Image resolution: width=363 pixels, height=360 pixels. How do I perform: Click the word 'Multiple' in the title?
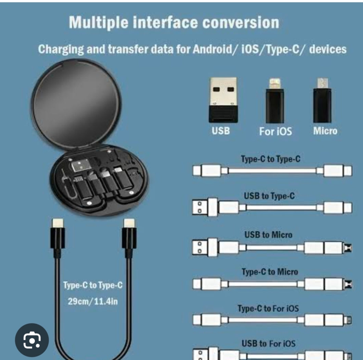click(98, 23)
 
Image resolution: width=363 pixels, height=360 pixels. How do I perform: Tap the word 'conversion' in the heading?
click(241, 23)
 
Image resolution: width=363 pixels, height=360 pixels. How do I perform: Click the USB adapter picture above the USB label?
click(223, 100)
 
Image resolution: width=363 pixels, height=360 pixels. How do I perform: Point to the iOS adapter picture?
click(275, 101)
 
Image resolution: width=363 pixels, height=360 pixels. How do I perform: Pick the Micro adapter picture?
click(322, 100)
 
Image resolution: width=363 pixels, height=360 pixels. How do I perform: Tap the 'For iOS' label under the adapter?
click(275, 131)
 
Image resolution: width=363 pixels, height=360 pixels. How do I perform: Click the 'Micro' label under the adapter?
click(325, 131)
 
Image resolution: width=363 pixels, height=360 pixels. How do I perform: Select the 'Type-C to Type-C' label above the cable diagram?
click(271, 159)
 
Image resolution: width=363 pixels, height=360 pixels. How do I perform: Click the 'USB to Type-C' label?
click(269, 196)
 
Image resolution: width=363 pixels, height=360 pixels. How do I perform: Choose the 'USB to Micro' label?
click(268, 235)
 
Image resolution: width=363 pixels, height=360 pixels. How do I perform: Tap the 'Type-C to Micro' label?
click(270, 272)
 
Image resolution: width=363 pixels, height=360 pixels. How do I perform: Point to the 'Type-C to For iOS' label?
click(268, 308)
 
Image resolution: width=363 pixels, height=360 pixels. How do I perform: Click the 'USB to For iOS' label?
click(268, 344)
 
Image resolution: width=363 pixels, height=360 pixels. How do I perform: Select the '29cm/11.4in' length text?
click(93, 301)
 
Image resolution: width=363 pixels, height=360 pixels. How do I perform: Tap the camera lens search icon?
click(32, 340)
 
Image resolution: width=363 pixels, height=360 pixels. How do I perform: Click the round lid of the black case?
click(76, 103)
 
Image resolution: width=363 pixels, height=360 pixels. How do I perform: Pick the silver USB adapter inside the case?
click(80, 166)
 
